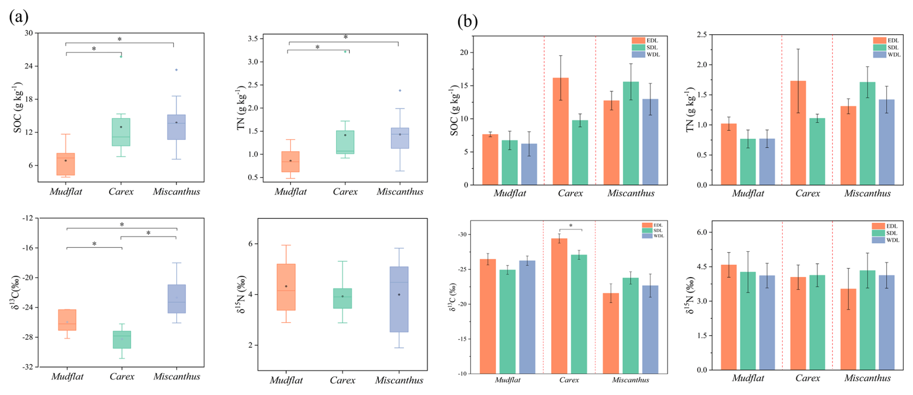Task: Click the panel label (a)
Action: click(18, 17)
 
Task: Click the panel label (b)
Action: click(468, 21)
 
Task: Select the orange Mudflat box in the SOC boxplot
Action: click(66, 164)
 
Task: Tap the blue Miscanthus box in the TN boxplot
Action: click(400, 138)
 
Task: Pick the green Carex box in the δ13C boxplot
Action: click(122, 339)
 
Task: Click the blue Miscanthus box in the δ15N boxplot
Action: click(399, 299)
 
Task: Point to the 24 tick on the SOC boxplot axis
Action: click(29, 66)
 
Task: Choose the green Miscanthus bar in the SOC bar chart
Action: click(631, 133)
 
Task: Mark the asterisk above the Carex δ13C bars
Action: click(571, 226)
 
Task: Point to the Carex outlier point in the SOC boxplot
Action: click(121, 56)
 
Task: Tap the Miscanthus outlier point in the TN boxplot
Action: click(400, 90)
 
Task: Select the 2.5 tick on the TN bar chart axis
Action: click(701, 35)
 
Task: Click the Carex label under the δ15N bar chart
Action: click(807, 378)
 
